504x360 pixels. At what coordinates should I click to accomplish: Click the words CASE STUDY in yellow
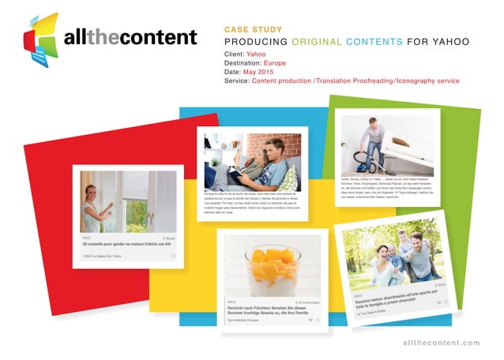(254, 28)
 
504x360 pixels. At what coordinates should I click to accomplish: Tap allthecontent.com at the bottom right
(441, 342)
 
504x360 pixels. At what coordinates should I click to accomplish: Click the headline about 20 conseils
(126, 245)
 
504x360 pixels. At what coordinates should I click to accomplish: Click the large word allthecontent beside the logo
(130, 37)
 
